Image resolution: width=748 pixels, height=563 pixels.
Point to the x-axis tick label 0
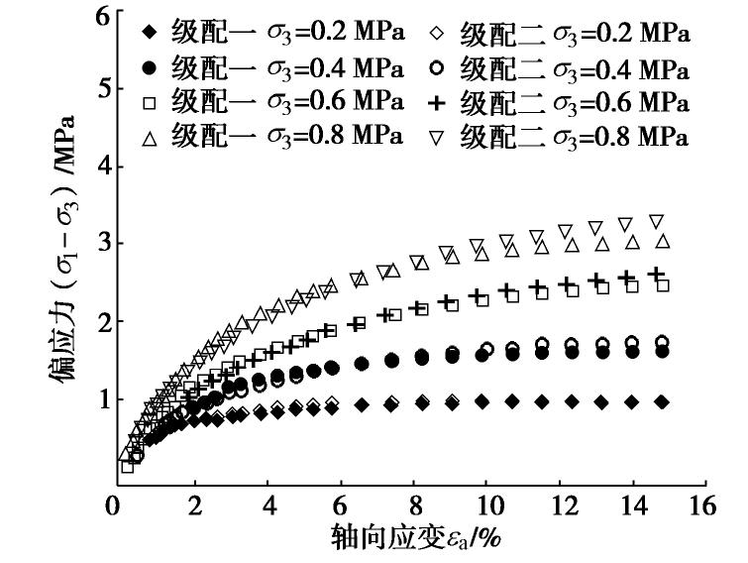tap(118, 507)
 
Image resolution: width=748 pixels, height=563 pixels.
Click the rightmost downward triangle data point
tap(656, 221)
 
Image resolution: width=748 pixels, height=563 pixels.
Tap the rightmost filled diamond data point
tap(662, 401)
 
